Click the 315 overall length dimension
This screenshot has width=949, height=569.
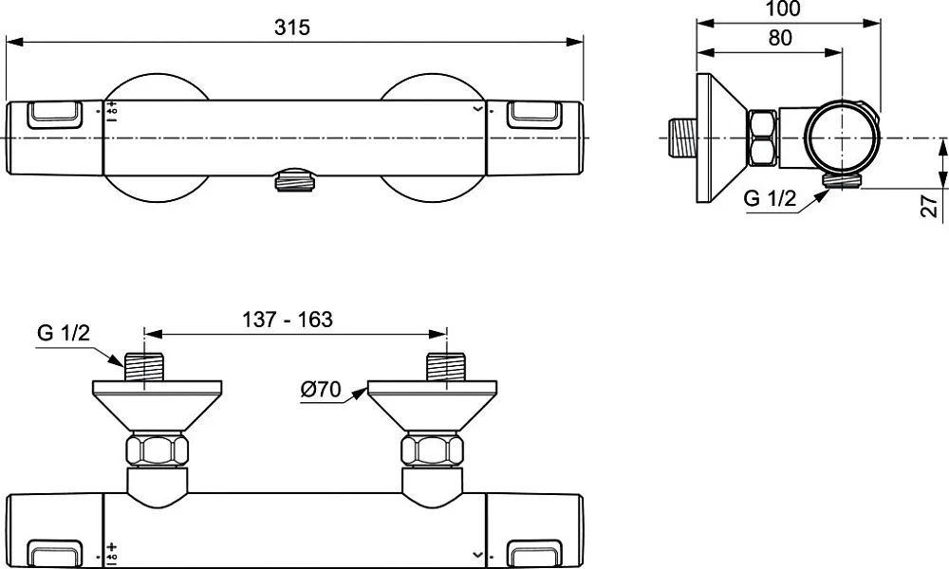[291, 28]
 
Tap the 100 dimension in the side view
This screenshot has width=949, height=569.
[783, 9]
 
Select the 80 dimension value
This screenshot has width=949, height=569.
[780, 38]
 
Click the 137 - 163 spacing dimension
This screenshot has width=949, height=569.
[288, 320]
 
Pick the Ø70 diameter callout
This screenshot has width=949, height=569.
[321, 390]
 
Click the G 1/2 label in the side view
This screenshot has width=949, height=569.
[770, 198]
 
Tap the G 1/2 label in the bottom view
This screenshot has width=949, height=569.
[64, 333]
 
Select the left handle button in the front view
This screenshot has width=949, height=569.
[54, 115]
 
